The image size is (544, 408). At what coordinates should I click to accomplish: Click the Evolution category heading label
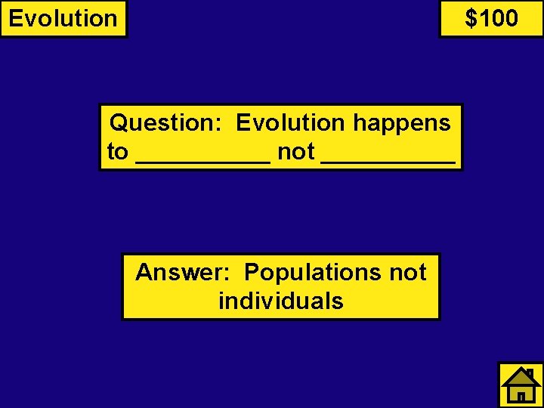[63, 18]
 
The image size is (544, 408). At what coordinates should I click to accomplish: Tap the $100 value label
[491, 18]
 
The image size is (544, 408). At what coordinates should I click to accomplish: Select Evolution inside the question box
[289, 122]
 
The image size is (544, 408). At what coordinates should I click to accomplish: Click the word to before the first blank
[118, 152]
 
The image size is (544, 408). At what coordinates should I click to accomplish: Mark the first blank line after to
[202, 160]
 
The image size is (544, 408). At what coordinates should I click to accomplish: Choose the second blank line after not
[388, 160]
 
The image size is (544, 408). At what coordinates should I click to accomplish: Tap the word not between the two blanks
[296, 152]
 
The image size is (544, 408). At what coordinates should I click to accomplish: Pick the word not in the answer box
[408, 272]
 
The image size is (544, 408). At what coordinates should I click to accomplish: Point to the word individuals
[281, 301]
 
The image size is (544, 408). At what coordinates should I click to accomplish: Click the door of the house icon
[521, 395]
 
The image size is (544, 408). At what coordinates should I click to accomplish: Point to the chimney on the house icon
[531, 373]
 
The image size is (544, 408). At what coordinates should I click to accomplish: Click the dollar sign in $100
[471, 18]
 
